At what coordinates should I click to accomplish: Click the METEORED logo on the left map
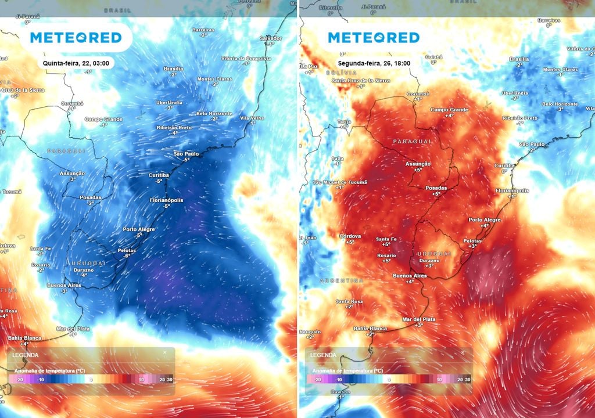[x=76, y=38]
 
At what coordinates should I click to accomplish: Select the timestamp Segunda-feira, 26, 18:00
[x=368, y=63]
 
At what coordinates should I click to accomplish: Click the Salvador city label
[x=270, y=38]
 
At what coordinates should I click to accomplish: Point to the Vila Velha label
[x=252, y=118]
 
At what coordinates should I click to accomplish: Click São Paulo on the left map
[x=187, y=153]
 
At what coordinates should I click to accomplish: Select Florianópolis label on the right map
[x=511, y=190]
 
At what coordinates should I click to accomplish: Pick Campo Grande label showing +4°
[x=449, y=110]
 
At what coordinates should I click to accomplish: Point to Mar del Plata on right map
[x=419, y=319]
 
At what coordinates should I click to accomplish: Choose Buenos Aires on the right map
[x=410, y=276]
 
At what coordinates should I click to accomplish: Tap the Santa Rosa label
[x=349, y=301]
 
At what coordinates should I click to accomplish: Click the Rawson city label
[x=340, y=392]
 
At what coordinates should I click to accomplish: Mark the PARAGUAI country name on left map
[x=67, y=150]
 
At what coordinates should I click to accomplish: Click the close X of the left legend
[x=164, y=352]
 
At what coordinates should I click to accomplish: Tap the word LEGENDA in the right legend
[x=322, y=355]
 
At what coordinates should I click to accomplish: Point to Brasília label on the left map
[x=173, y=69]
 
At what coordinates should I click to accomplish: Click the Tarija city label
[x=345, y=121]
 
